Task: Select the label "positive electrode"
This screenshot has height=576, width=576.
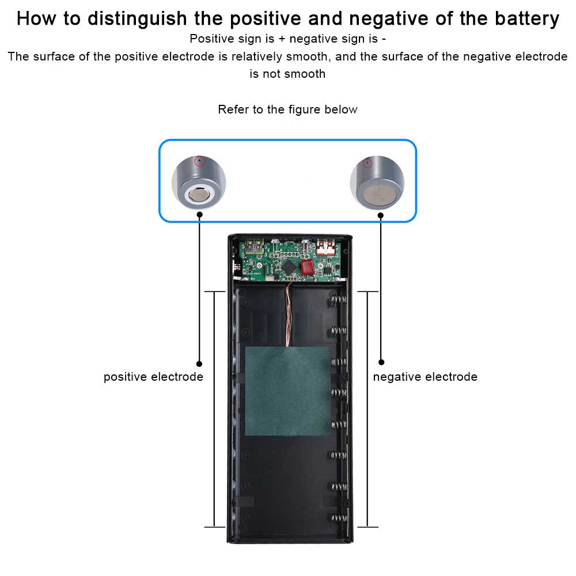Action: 153,377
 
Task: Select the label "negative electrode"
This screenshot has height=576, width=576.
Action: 425,377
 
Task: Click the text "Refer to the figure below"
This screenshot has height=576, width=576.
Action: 287,109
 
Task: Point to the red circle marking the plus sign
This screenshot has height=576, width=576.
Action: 199,161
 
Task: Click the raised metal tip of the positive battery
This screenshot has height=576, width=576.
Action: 199,195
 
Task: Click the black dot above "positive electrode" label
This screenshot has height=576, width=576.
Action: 199,363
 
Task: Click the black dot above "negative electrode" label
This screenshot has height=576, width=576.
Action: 381,362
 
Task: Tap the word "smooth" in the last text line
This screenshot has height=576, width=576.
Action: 305,74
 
